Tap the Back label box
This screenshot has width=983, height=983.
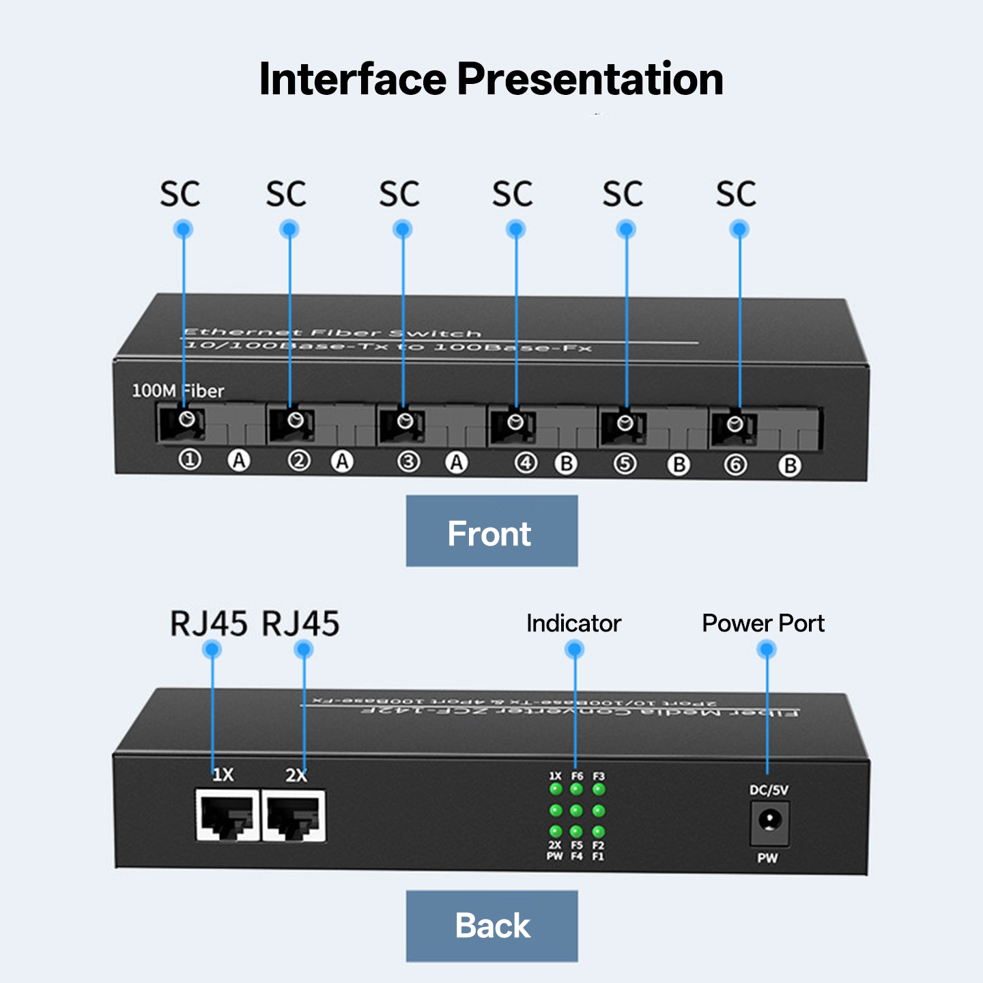(x=491, y=926)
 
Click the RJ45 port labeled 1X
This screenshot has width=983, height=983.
(x=227, y=816)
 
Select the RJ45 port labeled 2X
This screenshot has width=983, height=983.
(x=294, y=816)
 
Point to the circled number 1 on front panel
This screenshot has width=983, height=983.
(x=190, y=459)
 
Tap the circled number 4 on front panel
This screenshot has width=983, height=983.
(x=525, y=463)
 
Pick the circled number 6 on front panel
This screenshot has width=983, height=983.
(x=735, y=465)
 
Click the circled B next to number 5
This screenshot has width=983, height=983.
(x=679, y=465)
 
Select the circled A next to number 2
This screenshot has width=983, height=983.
(x=342, y=461)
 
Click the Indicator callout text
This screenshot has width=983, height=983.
(x=573, y=623)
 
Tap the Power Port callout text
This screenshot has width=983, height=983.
(x=763, y=623)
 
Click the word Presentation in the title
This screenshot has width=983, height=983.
(x=590, y=79)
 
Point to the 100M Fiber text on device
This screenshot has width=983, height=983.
(x=177, y=391)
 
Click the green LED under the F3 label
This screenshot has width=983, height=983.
(x=599, y=790)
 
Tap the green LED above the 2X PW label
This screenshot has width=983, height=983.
(x=556, y=831)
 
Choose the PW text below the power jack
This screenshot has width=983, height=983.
(x=767, y=858)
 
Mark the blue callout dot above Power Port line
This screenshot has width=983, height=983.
(x=767, y=649)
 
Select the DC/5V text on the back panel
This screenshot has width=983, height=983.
(x=769, y=790)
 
